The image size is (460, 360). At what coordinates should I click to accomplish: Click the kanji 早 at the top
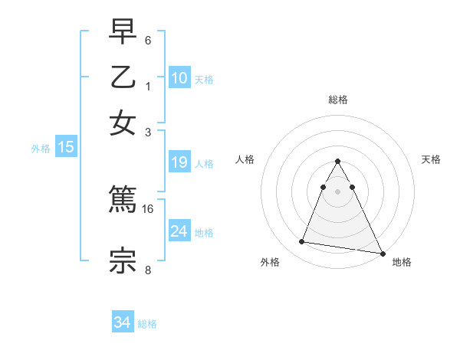(x=123, y=32)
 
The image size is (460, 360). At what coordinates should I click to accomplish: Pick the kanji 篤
(x=123, y=200)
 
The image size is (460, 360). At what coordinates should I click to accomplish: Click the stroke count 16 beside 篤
(x=148, y=208)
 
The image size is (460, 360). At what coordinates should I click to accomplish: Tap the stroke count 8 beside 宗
(x=148, y=269)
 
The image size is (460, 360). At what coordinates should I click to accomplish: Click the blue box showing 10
(x=179, y=77)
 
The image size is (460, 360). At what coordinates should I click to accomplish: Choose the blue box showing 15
(x=65, y=147)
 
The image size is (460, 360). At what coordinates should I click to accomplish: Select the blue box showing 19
(x=179, y=162)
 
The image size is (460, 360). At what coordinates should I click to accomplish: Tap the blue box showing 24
(x=179, y=231)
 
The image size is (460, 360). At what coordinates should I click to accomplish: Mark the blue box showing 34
(x=122, y=322)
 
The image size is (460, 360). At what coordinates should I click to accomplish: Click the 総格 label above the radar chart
(x=337, y=100)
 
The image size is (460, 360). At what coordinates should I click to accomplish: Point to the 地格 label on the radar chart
(x=402, y=262)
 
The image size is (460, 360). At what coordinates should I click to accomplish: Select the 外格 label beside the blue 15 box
(x=40, y=149)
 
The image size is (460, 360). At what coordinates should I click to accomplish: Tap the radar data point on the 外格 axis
(x=302, y=242)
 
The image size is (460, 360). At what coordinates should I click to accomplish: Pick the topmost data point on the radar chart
(x=337, y=162)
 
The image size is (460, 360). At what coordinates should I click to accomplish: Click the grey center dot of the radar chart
(x=337, y=191)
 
